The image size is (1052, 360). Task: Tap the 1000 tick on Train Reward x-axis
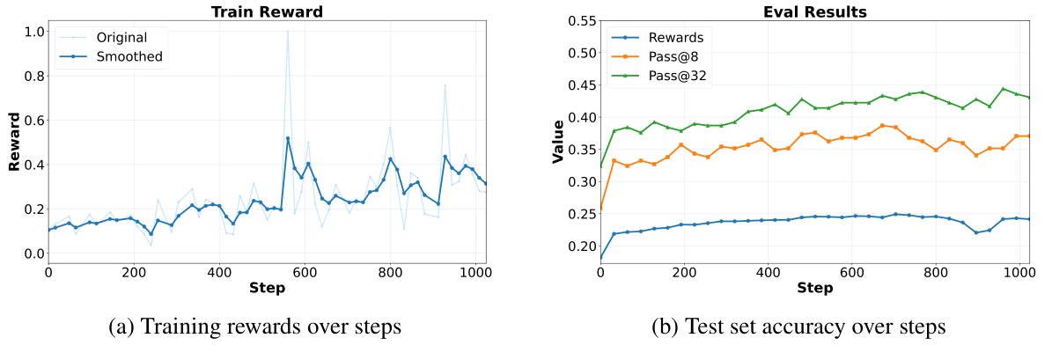475,273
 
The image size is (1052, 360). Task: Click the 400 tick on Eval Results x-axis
768,273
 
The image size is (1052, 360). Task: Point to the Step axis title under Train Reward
266,288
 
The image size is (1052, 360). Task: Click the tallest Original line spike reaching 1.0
287,32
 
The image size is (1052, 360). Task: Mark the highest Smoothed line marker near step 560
287,138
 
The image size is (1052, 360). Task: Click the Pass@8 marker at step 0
600,209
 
